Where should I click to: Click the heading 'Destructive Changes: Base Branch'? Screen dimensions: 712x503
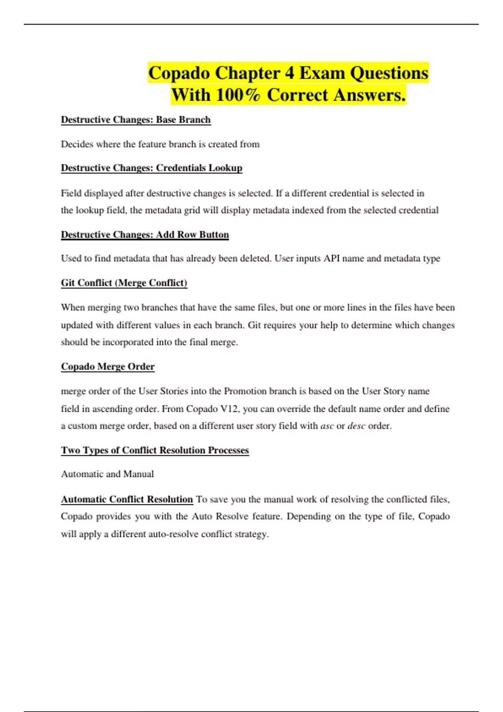(136, 120)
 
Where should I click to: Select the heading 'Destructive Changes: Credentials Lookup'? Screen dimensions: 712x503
(151, 168)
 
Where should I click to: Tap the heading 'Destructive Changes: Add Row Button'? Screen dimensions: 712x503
(145, 235)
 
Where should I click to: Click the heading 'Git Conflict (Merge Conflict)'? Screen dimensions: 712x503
(124, 283)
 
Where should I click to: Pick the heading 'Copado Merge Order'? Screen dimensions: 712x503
(108, 367)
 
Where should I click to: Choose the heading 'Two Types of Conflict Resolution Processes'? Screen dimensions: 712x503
(155, 450)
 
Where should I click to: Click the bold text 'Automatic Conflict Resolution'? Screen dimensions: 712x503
(127, 499)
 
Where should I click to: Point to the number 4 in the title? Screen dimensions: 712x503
(289, 73)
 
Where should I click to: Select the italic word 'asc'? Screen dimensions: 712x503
(327, 426)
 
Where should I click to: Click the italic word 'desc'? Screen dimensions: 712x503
(356, 426)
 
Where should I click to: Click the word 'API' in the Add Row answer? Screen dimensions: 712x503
(332, 258)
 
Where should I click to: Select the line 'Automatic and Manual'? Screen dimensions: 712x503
(107, 474)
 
